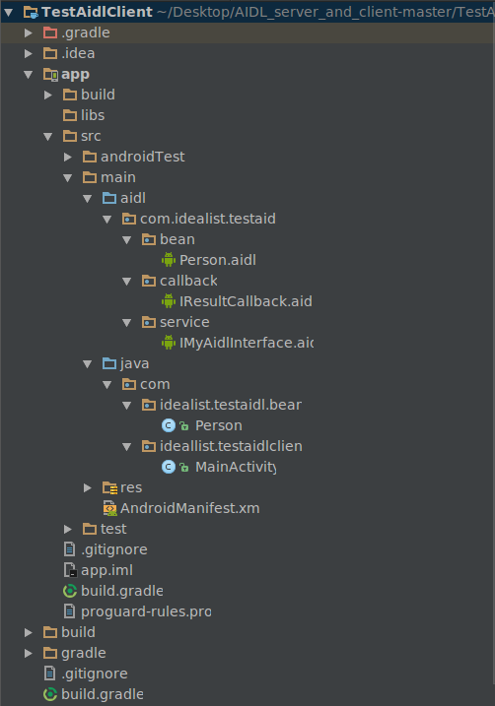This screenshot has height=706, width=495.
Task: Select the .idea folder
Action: pos(78,53)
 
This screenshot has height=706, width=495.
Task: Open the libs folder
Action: pos(93,115)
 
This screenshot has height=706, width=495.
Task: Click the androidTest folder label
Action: pos(142,156)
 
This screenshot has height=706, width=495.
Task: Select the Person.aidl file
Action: pos(217,260)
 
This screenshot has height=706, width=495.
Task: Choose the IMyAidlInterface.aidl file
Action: pos(246,343)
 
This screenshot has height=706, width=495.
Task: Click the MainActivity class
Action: pos(235,466)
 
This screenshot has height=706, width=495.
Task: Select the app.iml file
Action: pos(106,570)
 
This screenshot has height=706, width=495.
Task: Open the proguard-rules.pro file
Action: pos(145,611)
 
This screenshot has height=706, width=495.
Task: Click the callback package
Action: pos(187,281)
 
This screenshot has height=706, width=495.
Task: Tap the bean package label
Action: pos(177,239)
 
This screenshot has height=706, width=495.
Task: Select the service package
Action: pos(183,322)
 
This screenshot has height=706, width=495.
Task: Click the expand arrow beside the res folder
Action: pos(88,487)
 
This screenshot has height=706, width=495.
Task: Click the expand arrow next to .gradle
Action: pos(29,32)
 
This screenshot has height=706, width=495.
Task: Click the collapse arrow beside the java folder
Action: pos(88,363)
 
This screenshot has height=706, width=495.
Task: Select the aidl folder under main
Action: pos(132,198)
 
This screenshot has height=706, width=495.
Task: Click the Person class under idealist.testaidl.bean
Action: pos(218,425)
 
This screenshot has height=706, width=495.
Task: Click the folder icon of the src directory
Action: pos(70,136)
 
